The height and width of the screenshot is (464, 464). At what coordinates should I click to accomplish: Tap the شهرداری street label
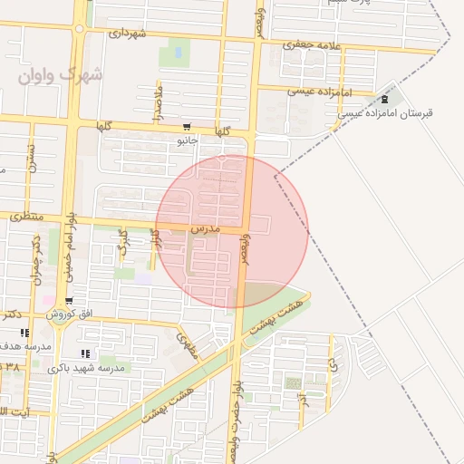[127, 33]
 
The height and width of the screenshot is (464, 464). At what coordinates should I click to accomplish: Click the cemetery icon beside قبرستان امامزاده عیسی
[387, 99]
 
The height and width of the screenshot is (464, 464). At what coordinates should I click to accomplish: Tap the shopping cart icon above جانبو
[187, 127]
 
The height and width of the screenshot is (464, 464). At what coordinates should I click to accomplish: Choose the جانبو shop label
[187, 140]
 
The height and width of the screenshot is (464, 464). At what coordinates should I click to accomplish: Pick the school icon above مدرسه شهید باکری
[85, 354]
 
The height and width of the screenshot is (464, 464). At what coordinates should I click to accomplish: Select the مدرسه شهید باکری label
[85, 369]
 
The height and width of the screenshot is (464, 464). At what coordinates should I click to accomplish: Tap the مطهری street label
[188, 343]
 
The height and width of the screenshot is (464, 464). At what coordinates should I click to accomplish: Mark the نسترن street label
[30, 159]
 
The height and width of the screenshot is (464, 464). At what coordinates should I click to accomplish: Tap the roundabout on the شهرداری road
[80, 28]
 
